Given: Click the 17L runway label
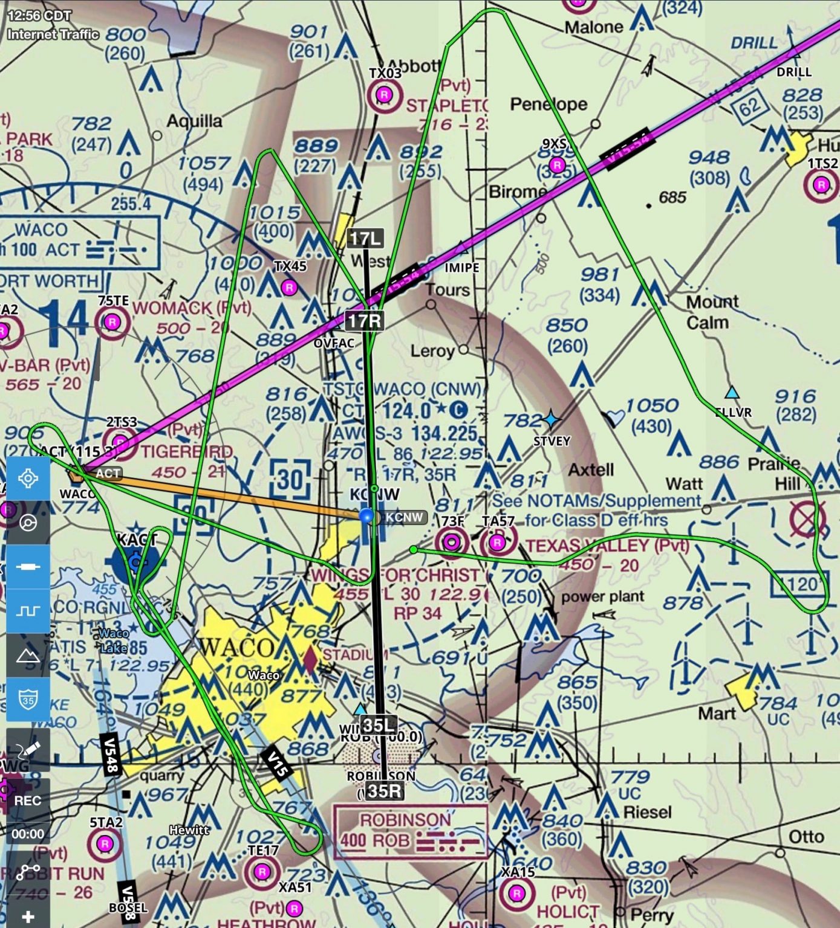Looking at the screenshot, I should [365, 238].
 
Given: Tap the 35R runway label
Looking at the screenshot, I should [383, 790].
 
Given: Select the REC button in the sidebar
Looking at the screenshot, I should [28, 801].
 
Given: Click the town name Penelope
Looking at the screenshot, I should [549, 104].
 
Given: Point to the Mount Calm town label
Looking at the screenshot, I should [712, 312].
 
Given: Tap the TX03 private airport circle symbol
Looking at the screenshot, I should [384, 95].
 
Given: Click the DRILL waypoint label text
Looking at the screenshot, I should [794, 72].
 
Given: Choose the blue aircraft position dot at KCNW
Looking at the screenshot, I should [366, 516].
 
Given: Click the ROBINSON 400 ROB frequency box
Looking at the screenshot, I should [409, 831].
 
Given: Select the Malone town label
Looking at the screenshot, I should [593, 27].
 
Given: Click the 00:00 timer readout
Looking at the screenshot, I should [28, 834].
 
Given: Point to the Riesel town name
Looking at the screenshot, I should [647, 812].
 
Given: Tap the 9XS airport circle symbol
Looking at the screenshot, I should [557, 165].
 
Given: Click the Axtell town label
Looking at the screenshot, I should [590, 469].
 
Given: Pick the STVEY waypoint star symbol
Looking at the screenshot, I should [551, 419].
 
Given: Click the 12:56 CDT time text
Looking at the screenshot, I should [39, 16].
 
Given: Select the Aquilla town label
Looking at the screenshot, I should [194, 121].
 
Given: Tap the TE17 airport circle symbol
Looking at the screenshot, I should [262, 871].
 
